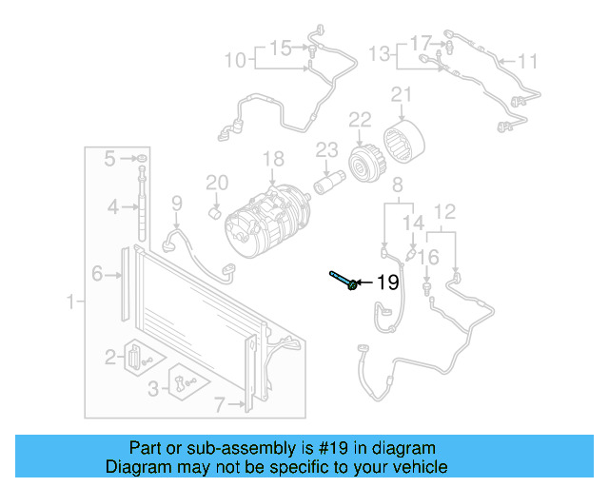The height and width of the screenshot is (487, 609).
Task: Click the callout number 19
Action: [385, 282]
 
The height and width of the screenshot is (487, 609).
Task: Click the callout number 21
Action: [401, 94]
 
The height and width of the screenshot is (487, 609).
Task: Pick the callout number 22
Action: [359, 121]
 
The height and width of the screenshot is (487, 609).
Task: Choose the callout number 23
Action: [327, 149]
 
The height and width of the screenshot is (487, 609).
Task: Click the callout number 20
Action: [217, 183]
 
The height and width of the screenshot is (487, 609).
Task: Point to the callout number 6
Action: [97, 275]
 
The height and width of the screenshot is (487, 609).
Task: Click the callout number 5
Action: [109, 157]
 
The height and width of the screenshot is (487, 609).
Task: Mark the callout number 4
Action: [112, 206]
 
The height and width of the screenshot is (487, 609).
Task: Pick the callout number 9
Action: [176, 202]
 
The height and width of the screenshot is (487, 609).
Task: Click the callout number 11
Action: [528, 62]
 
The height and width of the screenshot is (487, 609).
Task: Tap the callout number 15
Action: [280, 47]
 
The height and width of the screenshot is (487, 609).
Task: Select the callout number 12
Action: [445, 211]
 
